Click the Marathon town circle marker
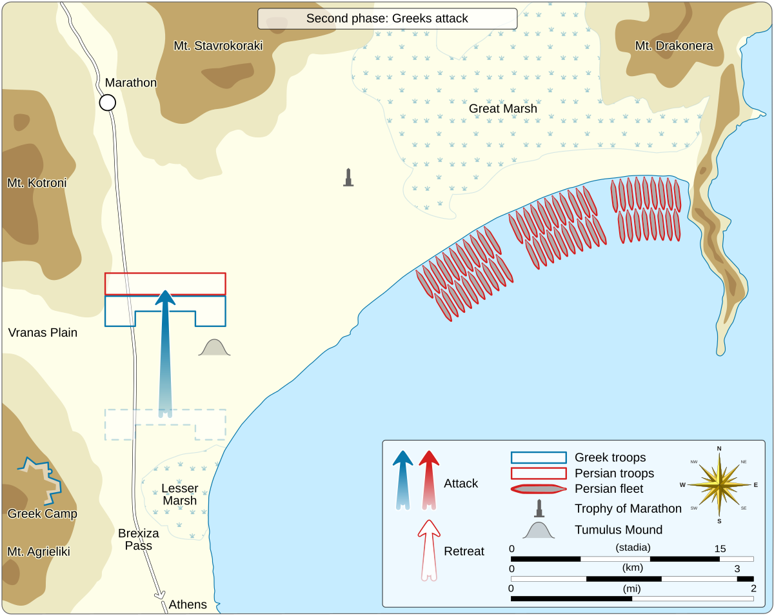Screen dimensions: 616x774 [x=108, y=103]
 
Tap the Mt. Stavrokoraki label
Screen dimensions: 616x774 [x=218, y=46]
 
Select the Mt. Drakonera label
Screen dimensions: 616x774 [x=674, y=46]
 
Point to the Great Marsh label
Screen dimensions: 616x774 [x=502, y=108]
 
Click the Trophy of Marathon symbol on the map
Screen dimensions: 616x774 [x=348, y=177]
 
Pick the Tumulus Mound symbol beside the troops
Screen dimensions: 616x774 [x=215, y=348]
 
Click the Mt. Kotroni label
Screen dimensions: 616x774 [x=37, y=183]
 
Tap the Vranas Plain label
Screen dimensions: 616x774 [x=43, y=333]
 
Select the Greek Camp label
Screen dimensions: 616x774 [x=42, y=514]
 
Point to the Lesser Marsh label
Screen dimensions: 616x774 [x=179, y=495]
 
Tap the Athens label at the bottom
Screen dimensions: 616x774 [x=188, y=604]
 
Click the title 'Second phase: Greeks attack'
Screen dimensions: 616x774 [x=387, y=19]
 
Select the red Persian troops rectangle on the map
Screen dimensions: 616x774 [x=165, y=284]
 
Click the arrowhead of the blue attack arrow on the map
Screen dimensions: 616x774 [x=166, y=299]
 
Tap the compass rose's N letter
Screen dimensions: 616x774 [x=719, y=448]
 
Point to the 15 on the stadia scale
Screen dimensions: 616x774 [x=720, y=549]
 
